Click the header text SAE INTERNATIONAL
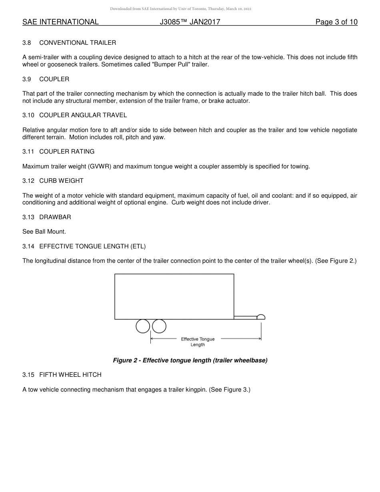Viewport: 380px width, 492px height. pos(60,22)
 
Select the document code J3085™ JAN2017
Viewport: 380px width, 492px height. pos(190,22)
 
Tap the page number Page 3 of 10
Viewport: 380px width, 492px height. pos(336,22)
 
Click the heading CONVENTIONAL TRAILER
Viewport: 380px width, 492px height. pos(78,43)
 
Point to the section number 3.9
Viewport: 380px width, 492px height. pos(26,79)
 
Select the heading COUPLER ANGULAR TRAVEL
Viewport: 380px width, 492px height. pos(83,115)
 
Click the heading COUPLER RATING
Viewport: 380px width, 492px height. pos(67,152)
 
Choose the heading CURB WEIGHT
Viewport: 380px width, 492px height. pos(61,181)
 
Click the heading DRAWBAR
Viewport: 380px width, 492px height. pos(55,217)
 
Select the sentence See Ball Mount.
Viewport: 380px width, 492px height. pos(44,232)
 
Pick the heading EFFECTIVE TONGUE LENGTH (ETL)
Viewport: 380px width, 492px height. pos(95,246)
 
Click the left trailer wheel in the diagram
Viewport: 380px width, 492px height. pos(143,326)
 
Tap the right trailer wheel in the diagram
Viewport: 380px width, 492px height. pos(159,326)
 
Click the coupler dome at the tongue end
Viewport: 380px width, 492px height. pos(261,317)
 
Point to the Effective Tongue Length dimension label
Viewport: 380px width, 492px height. pos(198,342)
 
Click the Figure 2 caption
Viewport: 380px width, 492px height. pos(190,360)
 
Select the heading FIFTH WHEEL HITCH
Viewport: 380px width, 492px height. pos(70,375)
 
